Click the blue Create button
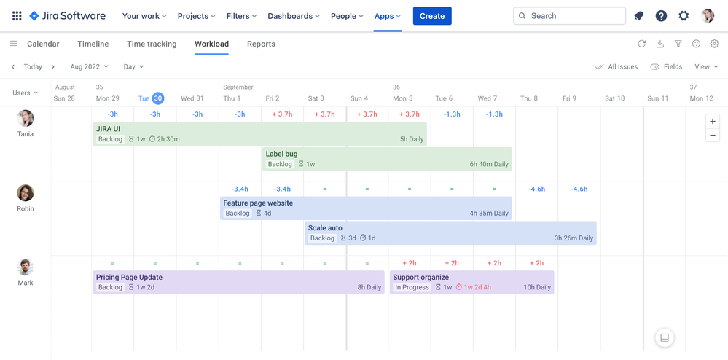point(431,16)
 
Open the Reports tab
point(261,44)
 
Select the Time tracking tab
point(152,44)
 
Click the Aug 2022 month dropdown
point(89,66)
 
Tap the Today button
point(33,66)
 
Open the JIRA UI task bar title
point(109,129)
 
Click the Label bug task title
point(281,154)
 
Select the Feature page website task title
point(258,203)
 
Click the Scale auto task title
point(325,228)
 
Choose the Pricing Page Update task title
point(129,277)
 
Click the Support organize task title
point(420,277)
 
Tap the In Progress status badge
point(412,287)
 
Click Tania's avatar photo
point(26,118)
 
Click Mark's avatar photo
point(26,267)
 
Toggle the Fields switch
point(655,66)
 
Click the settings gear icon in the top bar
point(684,16)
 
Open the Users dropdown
point(26,93)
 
